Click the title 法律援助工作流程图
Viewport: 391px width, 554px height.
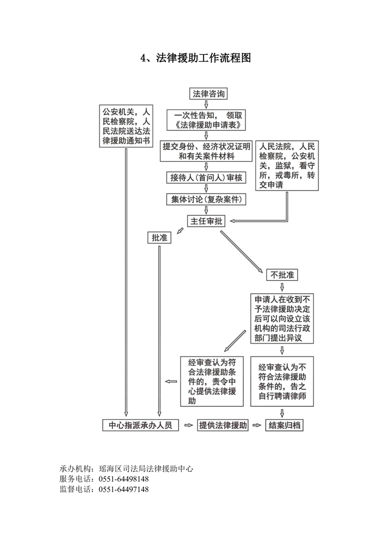pyautogui.click(x=195, y=58)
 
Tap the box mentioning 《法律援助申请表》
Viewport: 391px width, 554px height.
pyautogui.click(x=207, y=120)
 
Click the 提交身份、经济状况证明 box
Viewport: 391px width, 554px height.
pyautogui.click(x=206, y=151)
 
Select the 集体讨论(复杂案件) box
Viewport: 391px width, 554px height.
pyautogui.click(x=206, y=199)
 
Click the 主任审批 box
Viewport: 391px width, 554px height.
pyautogui.click(x=206, y=221)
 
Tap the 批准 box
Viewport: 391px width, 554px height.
pyautogui.click(x=159, y=238)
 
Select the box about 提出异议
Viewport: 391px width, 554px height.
pyautogui.click(x=282, y=319)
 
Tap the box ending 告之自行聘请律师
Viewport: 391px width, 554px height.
pyautogui.click(x=283, y=381)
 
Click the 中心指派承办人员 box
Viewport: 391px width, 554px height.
pyautogui.click(x=141, y=425)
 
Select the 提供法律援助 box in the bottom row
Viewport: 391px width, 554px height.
pyautogui.click(x=223, y=425)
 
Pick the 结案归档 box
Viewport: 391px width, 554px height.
pyautogui.click(x=284, y=425)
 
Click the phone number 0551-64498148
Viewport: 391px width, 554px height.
pyautogui.click(x=124, y=479)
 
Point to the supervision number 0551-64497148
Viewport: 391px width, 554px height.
pyautogui.click(x=124, y=489)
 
